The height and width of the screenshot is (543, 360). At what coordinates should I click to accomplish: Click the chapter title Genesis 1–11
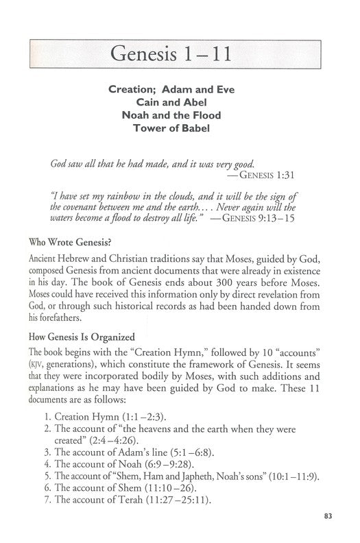(180, 53)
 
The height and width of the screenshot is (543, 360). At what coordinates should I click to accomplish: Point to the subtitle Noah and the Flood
(180, 114)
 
